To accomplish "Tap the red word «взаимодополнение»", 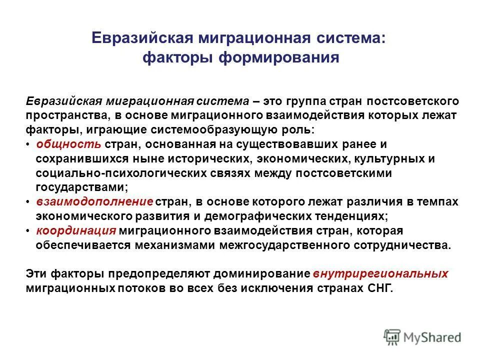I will (94, 201).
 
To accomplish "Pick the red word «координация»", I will (76, 230).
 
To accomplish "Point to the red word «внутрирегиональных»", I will (380, 274).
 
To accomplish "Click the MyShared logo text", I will (433, 337).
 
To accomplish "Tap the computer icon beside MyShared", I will (393, 336).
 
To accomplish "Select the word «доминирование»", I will (259, 274).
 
